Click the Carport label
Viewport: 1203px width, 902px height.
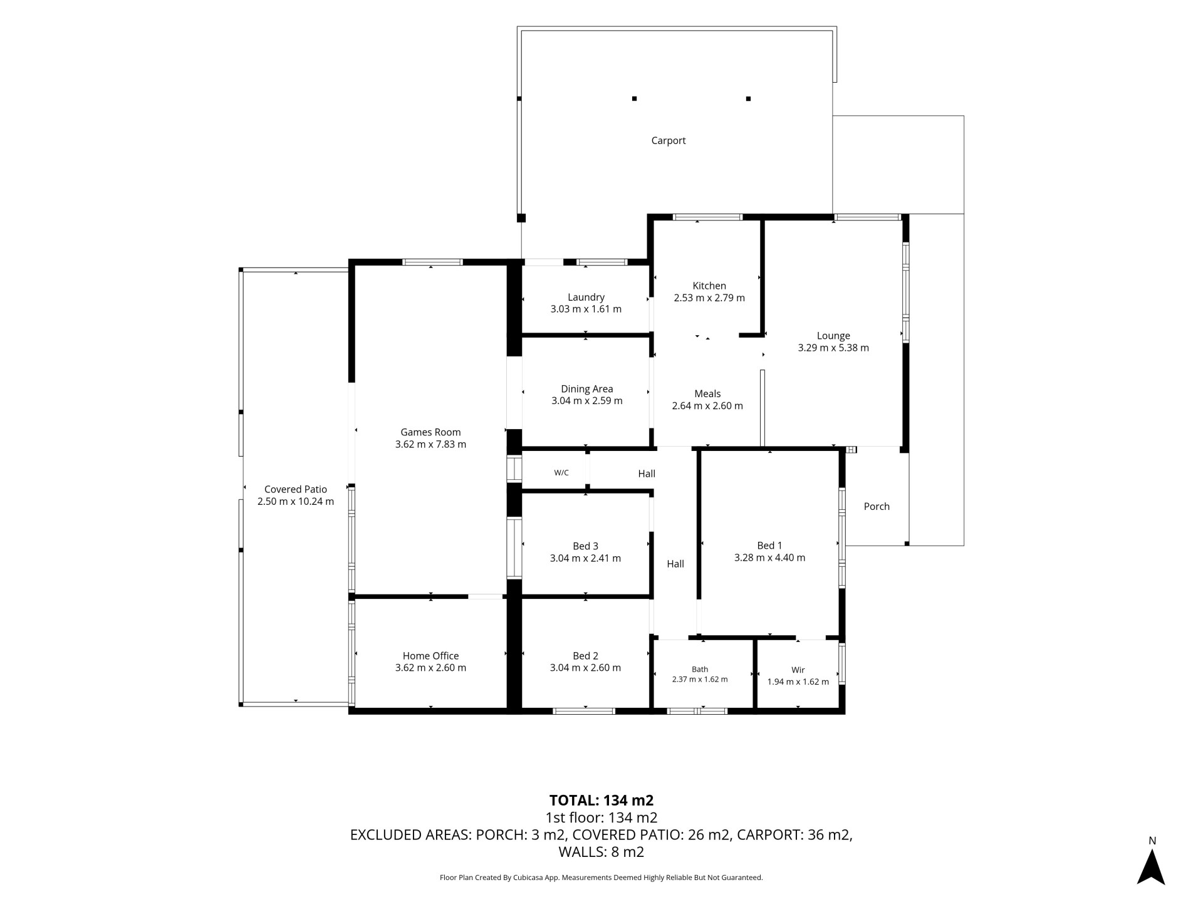pyautogui.click(x=668, y=141)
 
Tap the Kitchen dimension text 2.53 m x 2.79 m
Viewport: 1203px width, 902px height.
pyautogui.click(x=709, y=298)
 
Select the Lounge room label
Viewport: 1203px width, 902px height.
pyautogui.click(x=833, y=336)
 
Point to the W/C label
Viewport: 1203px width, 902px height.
pyautogui.click(x=561, y=473)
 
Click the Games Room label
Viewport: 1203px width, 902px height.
pyautogui.click(x=430, y=432)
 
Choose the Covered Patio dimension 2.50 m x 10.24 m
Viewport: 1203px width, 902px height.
pyautogui.click(x=296, y=502)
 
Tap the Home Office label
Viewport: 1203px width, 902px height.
pyautogui.click(x=430, y=656)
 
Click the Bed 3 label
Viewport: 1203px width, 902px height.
pyautogui.click(x=585, y=546)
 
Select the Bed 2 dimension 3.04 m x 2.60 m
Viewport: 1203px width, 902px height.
pyautogui.click(x=585, y=668)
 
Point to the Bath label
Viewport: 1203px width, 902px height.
pyautogui.click(x=700, y=670)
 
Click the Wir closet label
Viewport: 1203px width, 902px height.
pyautogui.click(x=798, y=670)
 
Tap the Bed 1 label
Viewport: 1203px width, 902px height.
pyautogui.click(x=769, y=546)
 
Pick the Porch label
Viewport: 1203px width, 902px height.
pyautogui.click(x=877, y=507)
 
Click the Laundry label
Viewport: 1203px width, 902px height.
pyautogui.click(x=586, y=298)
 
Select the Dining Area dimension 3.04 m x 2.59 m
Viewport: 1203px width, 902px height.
pyautogui.click(x=587, y=401)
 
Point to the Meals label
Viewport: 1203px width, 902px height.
pyautogui.click(x=707, y=394)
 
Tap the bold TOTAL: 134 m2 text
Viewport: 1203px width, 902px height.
pyautogui.click(x=601, y=801)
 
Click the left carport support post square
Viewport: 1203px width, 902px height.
pyautogui.click(x=634, y=98)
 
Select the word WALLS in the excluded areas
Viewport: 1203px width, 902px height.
pyautogui.click(x=580, y=852)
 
